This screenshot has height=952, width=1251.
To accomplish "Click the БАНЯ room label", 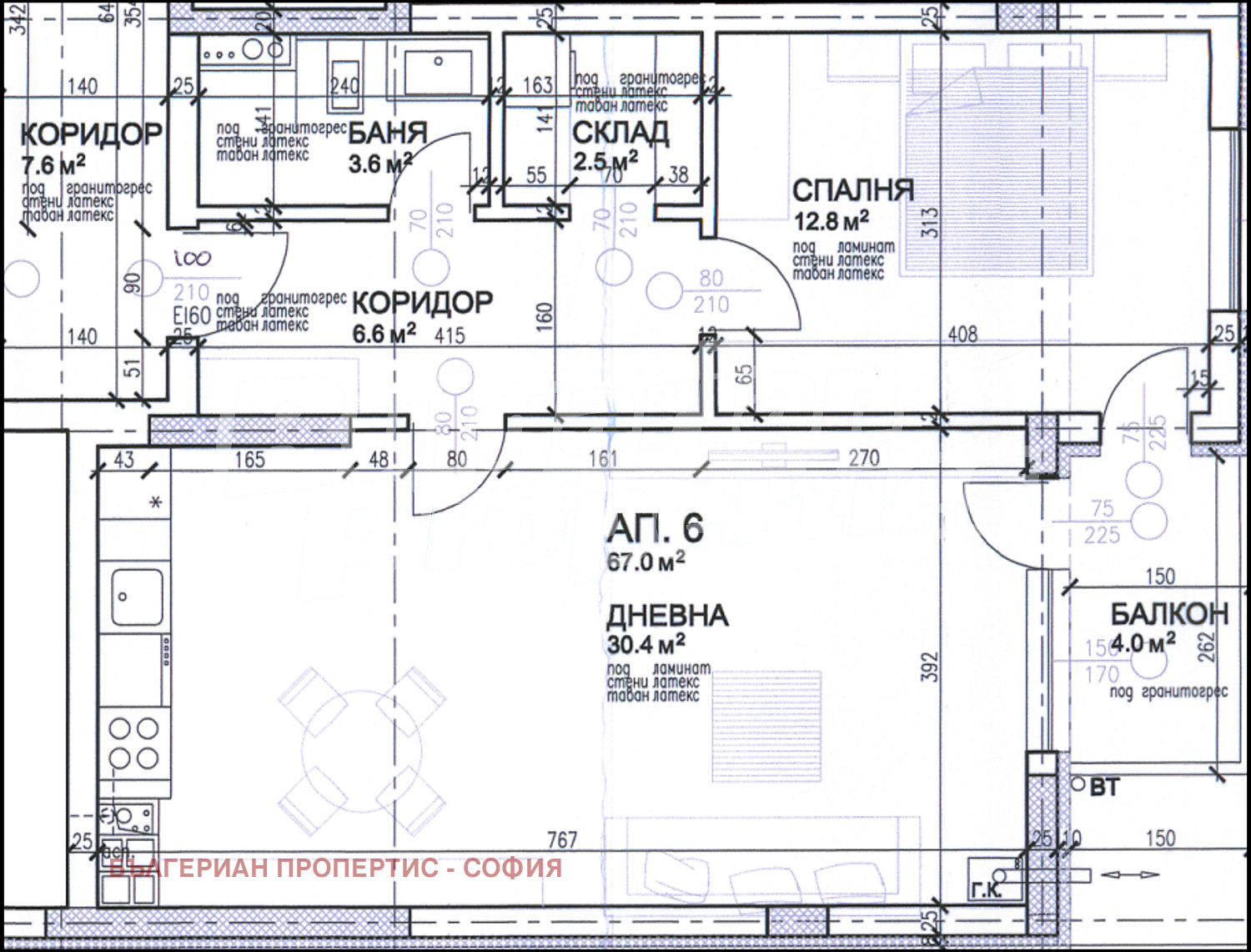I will pyautogui.click(x=387, y=133).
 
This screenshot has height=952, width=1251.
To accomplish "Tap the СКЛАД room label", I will pyautogui.click(x=620, y=132).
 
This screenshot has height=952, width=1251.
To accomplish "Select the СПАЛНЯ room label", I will pyautogui.click(x=852, y=190).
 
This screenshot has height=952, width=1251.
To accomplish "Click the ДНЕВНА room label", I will pyautogui.click(x=667, y=616).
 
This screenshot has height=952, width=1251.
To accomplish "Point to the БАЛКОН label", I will pyautogui.click(x=1169, y=615).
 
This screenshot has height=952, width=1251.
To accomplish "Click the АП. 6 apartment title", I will pyautogui.click(x=656, y=528).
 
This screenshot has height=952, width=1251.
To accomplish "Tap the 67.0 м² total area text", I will pyautogui.click(x=646, y=562).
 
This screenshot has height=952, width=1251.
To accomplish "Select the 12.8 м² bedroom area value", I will pyautogui.click(x=831, y=221).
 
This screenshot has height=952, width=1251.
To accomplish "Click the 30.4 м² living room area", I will pyautogui.click(x=646, y=644).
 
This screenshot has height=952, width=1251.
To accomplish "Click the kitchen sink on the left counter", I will pyautogui.click(x=137, y=597).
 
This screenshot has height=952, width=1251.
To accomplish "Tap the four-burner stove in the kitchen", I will pyautogui.click(x=134, y=743).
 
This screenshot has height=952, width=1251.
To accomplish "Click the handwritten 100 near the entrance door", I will pyautogui.click(x=192, y=259).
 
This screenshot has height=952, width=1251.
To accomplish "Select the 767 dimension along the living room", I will pyautogui.click(x=562, y=839).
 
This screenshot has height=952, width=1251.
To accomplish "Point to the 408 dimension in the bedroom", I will pyautogui.click(x=962, y=335).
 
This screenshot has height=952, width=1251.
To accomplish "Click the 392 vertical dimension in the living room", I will pyautogui.click(x=930, y=667).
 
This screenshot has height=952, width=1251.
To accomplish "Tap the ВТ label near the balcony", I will pyautogui.click(x=1103, y=787).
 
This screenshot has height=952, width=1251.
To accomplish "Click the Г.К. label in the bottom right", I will pyautogui.click(x=985, y=890).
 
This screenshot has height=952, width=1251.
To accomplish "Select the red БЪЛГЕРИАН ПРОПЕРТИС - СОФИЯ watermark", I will pyautogui.click(x=335, y=869).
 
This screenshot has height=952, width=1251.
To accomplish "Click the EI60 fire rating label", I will pyautogui.click(x=191, y=315).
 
